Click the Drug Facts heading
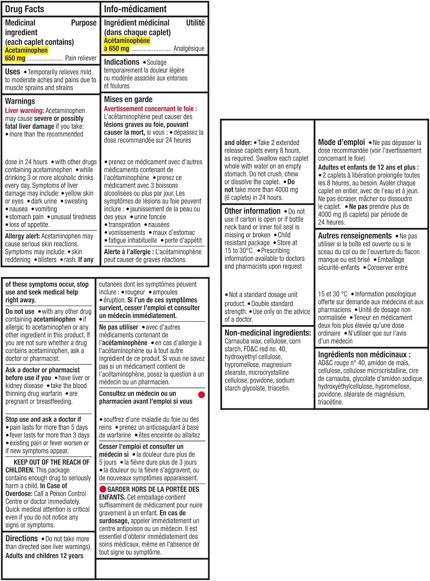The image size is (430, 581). pyautogui.click(x=24, y=9)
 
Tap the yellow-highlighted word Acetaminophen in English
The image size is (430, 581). pyautogui.click(x=26, y=50)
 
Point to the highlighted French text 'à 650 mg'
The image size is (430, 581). pyautogui.click(x=116, y=48)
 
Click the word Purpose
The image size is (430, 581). pyautogui.click(x=84, y=23)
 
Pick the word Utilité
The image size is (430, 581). pyautogui.click(x=195, y=23)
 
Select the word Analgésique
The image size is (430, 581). pyautogui.click(x=189, y=48)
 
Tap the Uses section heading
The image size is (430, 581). pyautogui.click(x=12, y=72)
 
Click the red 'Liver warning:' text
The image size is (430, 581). pyautogui.click(x=24, y=111)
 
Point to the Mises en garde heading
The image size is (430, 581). pyautogui.click(x=128, y=100)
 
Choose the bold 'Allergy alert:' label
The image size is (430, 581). pyautogui.click(x=22, y=236)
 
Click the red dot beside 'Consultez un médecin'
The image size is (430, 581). pyautogui.click(x=201, y=395)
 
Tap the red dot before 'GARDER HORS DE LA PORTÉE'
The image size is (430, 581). pyautogui.click(x=103, y=489)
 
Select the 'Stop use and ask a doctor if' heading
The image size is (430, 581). pyautogui.click(x=43, y=419)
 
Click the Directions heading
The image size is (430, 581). pyautogui.click(x=22, y=538)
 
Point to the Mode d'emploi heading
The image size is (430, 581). pyautogui.click(x=341, y=142)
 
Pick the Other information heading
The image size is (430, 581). pyautogui.click(x=253, y=211)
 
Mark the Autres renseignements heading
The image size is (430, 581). pyautogui.click(x=355, y=236)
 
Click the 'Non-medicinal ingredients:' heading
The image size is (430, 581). pyautogui.click(x=268, y=333)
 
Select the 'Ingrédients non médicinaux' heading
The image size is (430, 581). pyautogui.click(x=364, y=354)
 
